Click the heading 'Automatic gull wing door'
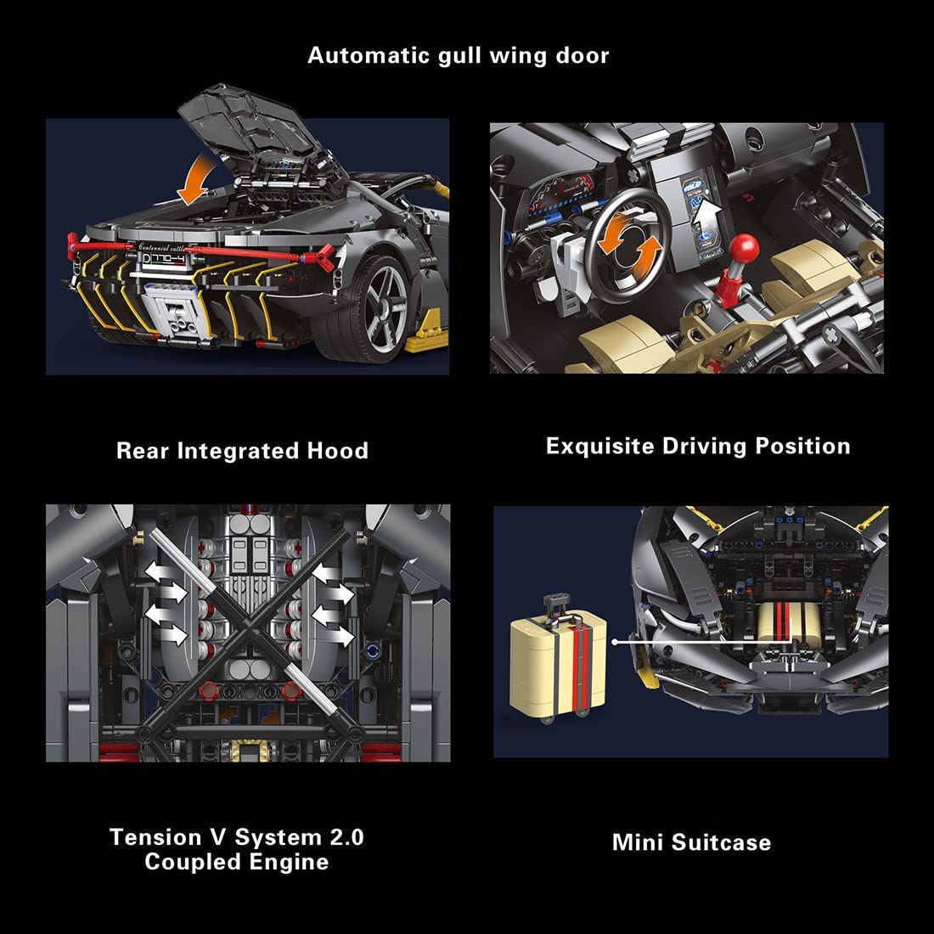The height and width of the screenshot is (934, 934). click(458, 56)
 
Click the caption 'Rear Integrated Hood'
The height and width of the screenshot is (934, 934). click(242, 451)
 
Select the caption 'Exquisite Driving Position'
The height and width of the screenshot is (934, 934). click(698, 447)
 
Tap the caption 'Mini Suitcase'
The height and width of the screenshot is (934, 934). click(691, 842)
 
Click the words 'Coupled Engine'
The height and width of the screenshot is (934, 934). click(236, 862)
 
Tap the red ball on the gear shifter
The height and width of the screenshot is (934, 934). click(745, 249)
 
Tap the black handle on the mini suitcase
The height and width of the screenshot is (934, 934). click(557, 604)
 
